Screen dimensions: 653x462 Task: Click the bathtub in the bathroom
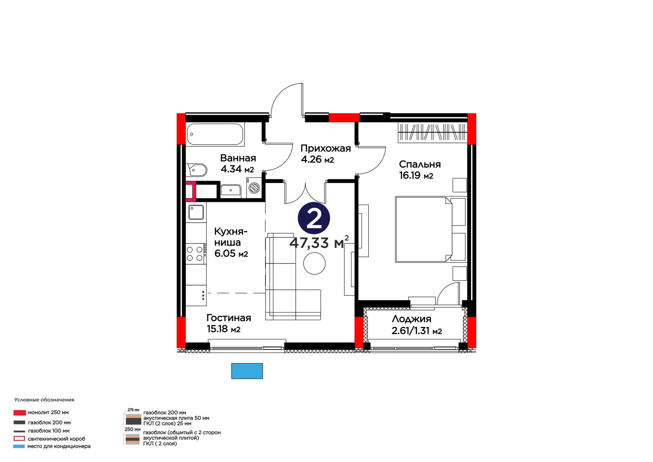[x=216, y=134]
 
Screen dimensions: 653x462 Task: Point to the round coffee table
[x=314, y=263]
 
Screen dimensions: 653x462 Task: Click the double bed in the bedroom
[x=430, y=230]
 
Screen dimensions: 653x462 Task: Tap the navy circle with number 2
[x=314, y=218]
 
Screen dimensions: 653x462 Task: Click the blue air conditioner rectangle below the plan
[x=247, y=371]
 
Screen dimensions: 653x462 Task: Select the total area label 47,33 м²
[x=319, y=243]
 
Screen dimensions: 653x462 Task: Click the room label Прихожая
[x=326, y=148]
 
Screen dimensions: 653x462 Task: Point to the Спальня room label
[x=420, y=164]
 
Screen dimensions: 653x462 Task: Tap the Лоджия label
[x=411, y=319]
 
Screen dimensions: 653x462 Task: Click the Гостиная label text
[x=229, y=318]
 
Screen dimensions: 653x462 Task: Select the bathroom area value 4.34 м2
[x=237, y=169]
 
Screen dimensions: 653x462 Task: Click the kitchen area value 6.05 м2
[x=231, y=253]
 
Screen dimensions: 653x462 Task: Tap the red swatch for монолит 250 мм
[x=20, y=413]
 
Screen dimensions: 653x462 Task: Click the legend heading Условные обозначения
[x=44, y=400]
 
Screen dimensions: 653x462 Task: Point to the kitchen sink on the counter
[x=196, y=212]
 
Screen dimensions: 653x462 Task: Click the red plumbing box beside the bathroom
[x=191, y=191]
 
